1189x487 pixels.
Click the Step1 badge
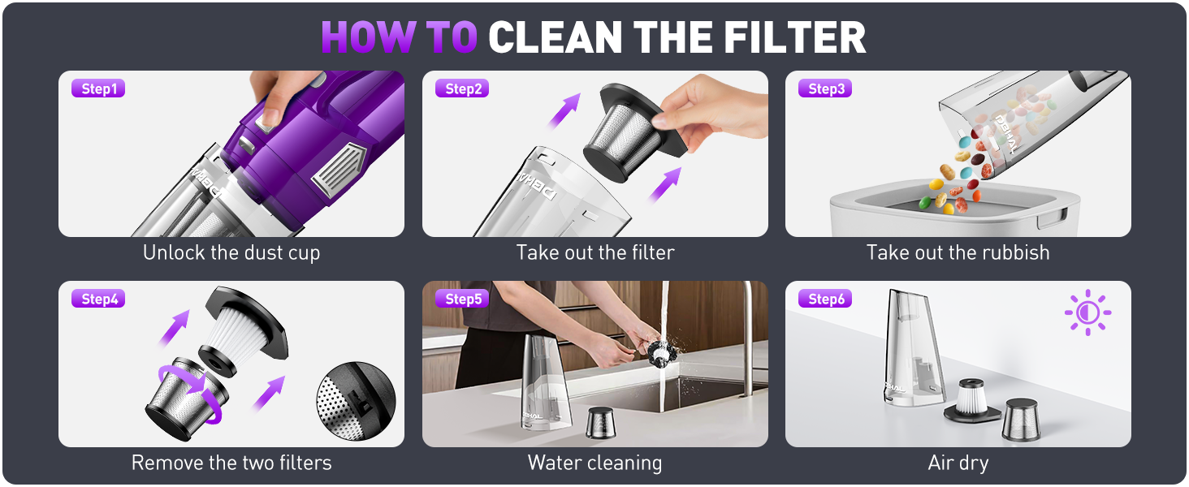[x=98, y=88]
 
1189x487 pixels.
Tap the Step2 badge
[x=462, y=88]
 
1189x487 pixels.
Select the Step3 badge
[x=826, y=88]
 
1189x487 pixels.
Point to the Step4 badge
[x=98, y=299]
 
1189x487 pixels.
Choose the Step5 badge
[x=462, y=299]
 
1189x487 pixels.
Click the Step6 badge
[x=826, y=299]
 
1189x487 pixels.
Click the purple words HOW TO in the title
[x=399, y=37]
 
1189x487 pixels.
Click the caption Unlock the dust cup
[x=231, y=252]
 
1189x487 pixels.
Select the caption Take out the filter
[x=595, y=252]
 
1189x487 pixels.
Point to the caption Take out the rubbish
[x=958, y=252]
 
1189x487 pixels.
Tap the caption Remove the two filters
[x=231, y=463]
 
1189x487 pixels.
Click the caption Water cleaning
[x=595, y=463]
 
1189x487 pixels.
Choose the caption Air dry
[x=958, y=463]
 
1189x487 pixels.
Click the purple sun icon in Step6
[x=1087, y=312]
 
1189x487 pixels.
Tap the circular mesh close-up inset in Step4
[x=356, y=402]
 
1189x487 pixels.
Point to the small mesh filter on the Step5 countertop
[x=601, y=423]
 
